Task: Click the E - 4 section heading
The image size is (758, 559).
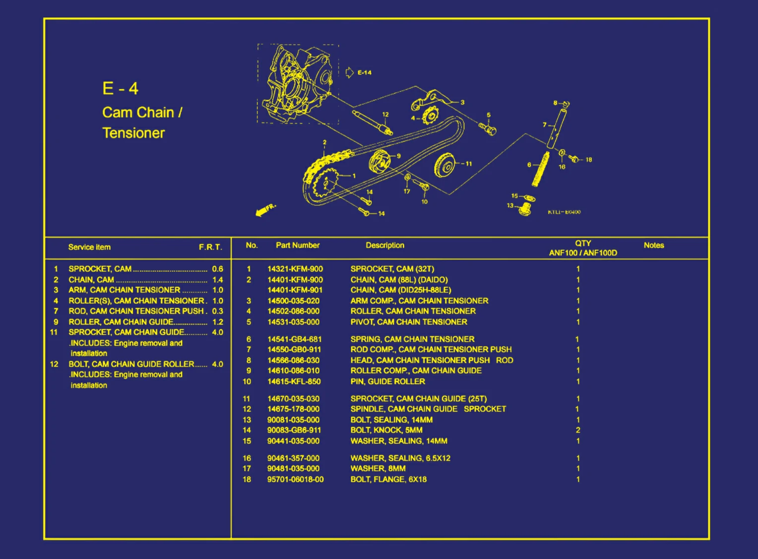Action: pos(120,89)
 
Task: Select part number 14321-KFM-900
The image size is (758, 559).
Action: pos(295,269)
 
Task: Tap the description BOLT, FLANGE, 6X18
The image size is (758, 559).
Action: pos(388,479)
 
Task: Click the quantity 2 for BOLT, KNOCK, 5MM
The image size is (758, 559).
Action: pos(578,430)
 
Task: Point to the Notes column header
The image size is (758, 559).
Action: pos(653,245)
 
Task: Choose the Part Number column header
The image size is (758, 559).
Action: pos(298,245)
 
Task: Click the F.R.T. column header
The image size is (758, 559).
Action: pos(210,247)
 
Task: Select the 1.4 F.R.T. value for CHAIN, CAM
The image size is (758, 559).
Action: pos(217,280)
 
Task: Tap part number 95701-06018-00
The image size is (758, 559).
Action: pos(295,479)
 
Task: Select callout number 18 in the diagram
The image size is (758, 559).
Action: pos(588,160)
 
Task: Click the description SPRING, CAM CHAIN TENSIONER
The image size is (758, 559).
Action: pos(412,339)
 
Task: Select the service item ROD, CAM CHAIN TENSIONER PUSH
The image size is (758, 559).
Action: pos(136,311)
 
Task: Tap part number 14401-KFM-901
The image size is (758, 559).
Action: pos(295,290)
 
